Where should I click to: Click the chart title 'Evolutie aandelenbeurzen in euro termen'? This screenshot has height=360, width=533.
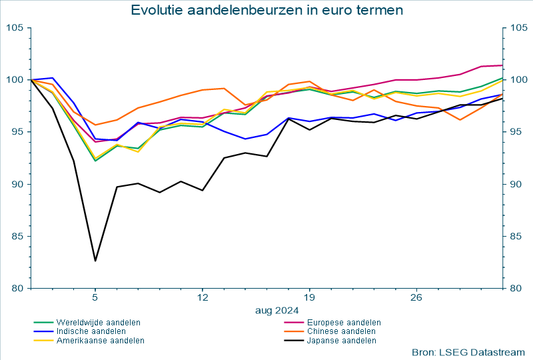point(266,10)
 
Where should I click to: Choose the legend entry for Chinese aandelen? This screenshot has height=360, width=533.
point(340,331)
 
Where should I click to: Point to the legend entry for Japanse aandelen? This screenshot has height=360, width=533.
point(341,340)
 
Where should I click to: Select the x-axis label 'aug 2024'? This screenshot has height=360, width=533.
point(276,310)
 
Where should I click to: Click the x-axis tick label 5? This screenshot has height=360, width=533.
point(95,297)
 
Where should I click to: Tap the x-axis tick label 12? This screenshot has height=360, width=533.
point(202,297)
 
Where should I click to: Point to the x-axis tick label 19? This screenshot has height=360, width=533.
point(309,297)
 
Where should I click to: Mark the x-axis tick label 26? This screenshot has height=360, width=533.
point(416,297)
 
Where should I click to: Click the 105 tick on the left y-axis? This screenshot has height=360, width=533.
point(14,27)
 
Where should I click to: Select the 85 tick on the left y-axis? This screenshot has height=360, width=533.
point(17,236)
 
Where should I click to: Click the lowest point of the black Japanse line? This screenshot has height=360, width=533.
point(95,261)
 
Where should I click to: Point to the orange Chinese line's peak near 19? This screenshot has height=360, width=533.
point(309,81)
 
